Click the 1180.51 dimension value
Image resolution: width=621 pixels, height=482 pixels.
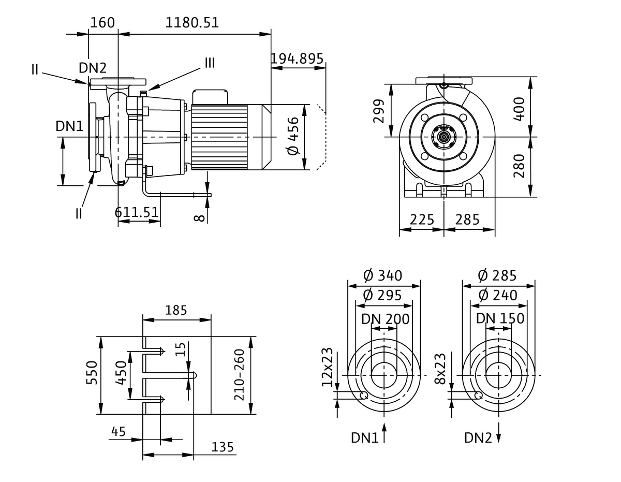point(192,23)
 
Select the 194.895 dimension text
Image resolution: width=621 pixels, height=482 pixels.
point(297,58)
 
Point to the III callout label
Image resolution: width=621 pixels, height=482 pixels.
point(209,63)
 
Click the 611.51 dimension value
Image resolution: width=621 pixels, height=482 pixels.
point(137,213)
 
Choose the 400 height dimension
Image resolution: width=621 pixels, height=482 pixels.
point(520,107)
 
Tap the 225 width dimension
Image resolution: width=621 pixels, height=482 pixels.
point(422,220)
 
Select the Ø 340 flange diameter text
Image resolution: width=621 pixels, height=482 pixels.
point(383,275)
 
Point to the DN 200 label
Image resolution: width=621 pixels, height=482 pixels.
point(385,319)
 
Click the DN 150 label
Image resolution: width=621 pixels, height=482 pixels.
point(500,319)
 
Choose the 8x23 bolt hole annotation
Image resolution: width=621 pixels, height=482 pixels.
point(441,370)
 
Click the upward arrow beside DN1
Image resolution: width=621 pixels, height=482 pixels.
point(385,433)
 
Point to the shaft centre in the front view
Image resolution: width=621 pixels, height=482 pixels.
point(444,137)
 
